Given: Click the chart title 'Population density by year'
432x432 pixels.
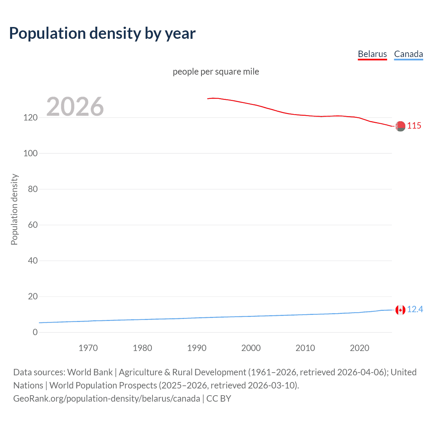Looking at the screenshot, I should [102, 33].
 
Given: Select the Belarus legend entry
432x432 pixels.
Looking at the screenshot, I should [372, 54].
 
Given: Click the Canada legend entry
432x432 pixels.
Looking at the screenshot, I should [408, 54].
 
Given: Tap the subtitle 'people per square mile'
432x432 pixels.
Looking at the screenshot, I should [216, 72].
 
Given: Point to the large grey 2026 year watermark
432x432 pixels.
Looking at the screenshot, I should [75, 107].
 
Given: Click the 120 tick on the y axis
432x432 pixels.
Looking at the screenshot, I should [30, 117].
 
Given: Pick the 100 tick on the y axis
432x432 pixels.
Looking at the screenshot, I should [30, 153].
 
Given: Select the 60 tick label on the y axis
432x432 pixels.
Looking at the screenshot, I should [33, 225].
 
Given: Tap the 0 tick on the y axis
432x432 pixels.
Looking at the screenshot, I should [35, 332].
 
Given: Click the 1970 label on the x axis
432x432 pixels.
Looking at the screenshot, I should [88, 348].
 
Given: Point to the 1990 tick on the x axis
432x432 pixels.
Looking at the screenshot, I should [197, 348].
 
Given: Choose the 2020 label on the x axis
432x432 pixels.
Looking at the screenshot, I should [359, 348].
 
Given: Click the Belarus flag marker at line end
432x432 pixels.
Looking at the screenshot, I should [400, 126].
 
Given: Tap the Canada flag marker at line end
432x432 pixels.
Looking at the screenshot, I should [400, 310].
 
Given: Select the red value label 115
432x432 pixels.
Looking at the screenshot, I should [414, 126].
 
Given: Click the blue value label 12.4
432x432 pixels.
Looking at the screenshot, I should [415, 309].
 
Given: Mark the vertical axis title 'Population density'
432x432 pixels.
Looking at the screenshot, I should [14, 209].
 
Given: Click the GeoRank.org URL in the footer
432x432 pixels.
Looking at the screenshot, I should [107, 399].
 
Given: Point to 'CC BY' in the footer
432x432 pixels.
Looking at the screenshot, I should [219, 399].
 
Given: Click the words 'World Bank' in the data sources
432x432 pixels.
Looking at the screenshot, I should [90, 372].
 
